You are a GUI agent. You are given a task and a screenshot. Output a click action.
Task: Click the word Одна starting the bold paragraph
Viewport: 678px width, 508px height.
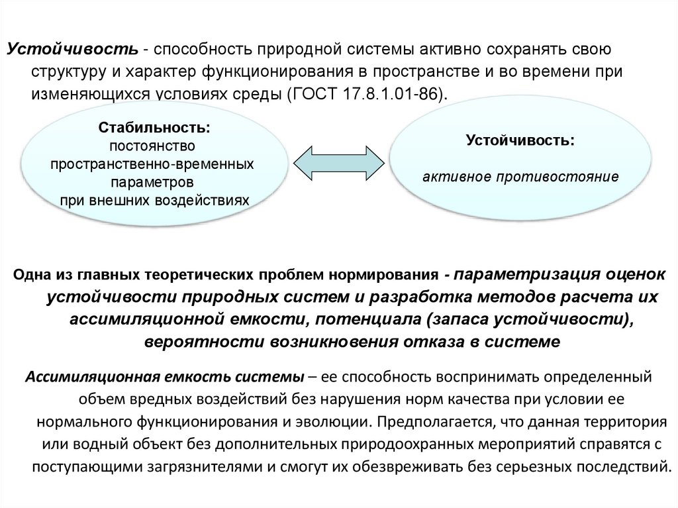[x=31, y=274]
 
